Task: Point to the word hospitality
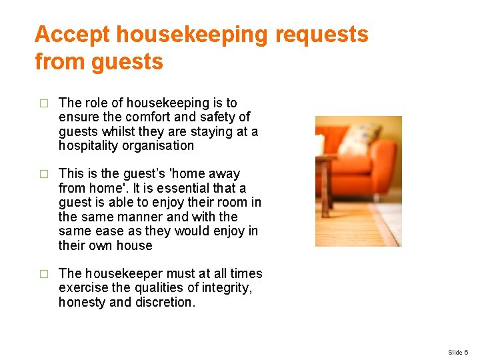pyautogui.click(x=87, y=146)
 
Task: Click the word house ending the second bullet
pyautogui.click(x=134, y=246)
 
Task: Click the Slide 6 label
pyautogui.click(x=458, y=352)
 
